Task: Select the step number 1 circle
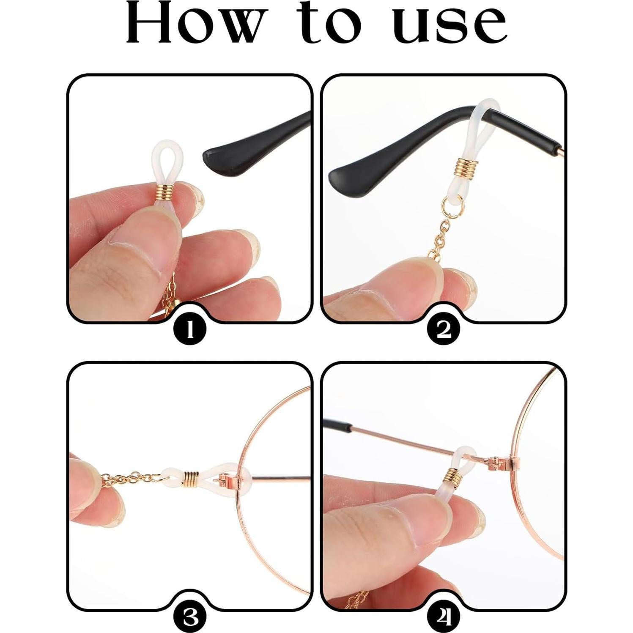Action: (x=190, y=329)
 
